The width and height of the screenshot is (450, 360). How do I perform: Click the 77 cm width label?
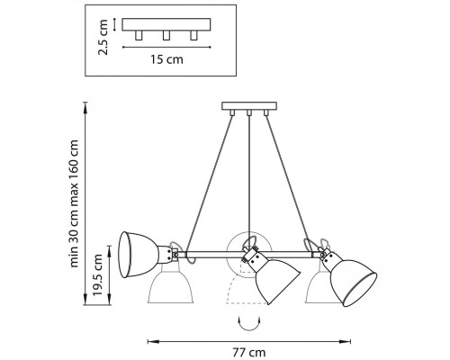pyautogui.click(x=249, y=352)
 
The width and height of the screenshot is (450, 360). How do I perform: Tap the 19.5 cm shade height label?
pyautogui.click(x=98, y=274)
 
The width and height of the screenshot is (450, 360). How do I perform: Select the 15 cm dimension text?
pyautogui.click(x=166, y=59)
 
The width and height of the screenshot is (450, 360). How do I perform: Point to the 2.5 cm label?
pyautogui.click(x=103, y=37)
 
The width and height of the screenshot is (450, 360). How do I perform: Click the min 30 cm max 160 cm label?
pyautogui.click(x=74, y=203)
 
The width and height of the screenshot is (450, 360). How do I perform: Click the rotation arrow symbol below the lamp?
pyautogui.click(x=248, y=323)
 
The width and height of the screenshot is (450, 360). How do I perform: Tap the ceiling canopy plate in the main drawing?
pyautogui.click(x=249, y=106)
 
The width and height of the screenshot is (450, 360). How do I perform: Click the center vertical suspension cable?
pyautogui.click(x=249, y=183)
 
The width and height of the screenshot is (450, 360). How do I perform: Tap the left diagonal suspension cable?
pyautogui.click(x=210, y=184)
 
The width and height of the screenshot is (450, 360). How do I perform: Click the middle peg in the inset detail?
pyautogui.click(x=166, y=35)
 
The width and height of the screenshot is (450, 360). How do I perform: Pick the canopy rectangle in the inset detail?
pyautogui.click(x=166, y=24)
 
